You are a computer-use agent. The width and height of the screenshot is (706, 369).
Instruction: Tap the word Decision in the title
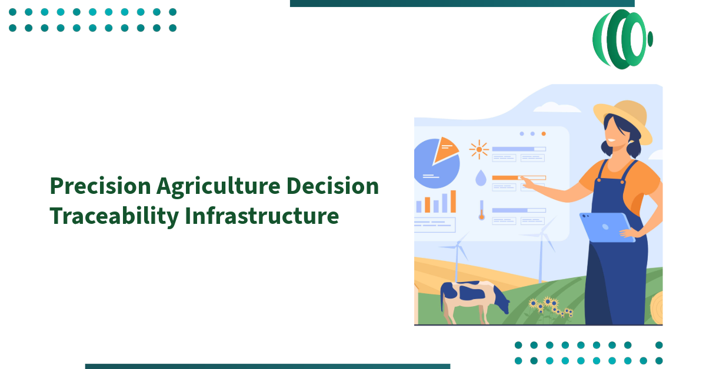[333, 186]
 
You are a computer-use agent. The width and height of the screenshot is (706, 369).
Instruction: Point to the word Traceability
[114, 216]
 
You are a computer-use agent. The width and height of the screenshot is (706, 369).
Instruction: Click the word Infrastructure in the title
[262, 216]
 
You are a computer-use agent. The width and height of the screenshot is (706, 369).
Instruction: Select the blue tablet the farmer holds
[606, 226]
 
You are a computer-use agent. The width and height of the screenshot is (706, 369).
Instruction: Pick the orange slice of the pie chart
[446, 149]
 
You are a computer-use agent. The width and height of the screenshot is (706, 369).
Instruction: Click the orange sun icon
[479, 150]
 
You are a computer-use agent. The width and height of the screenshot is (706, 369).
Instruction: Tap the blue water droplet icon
[481, 178]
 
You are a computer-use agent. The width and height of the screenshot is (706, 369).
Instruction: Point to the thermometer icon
[481, 210]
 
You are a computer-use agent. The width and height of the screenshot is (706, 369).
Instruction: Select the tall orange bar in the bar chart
[453, 201]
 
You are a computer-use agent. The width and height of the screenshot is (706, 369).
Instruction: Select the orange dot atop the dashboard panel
[543, 134]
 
